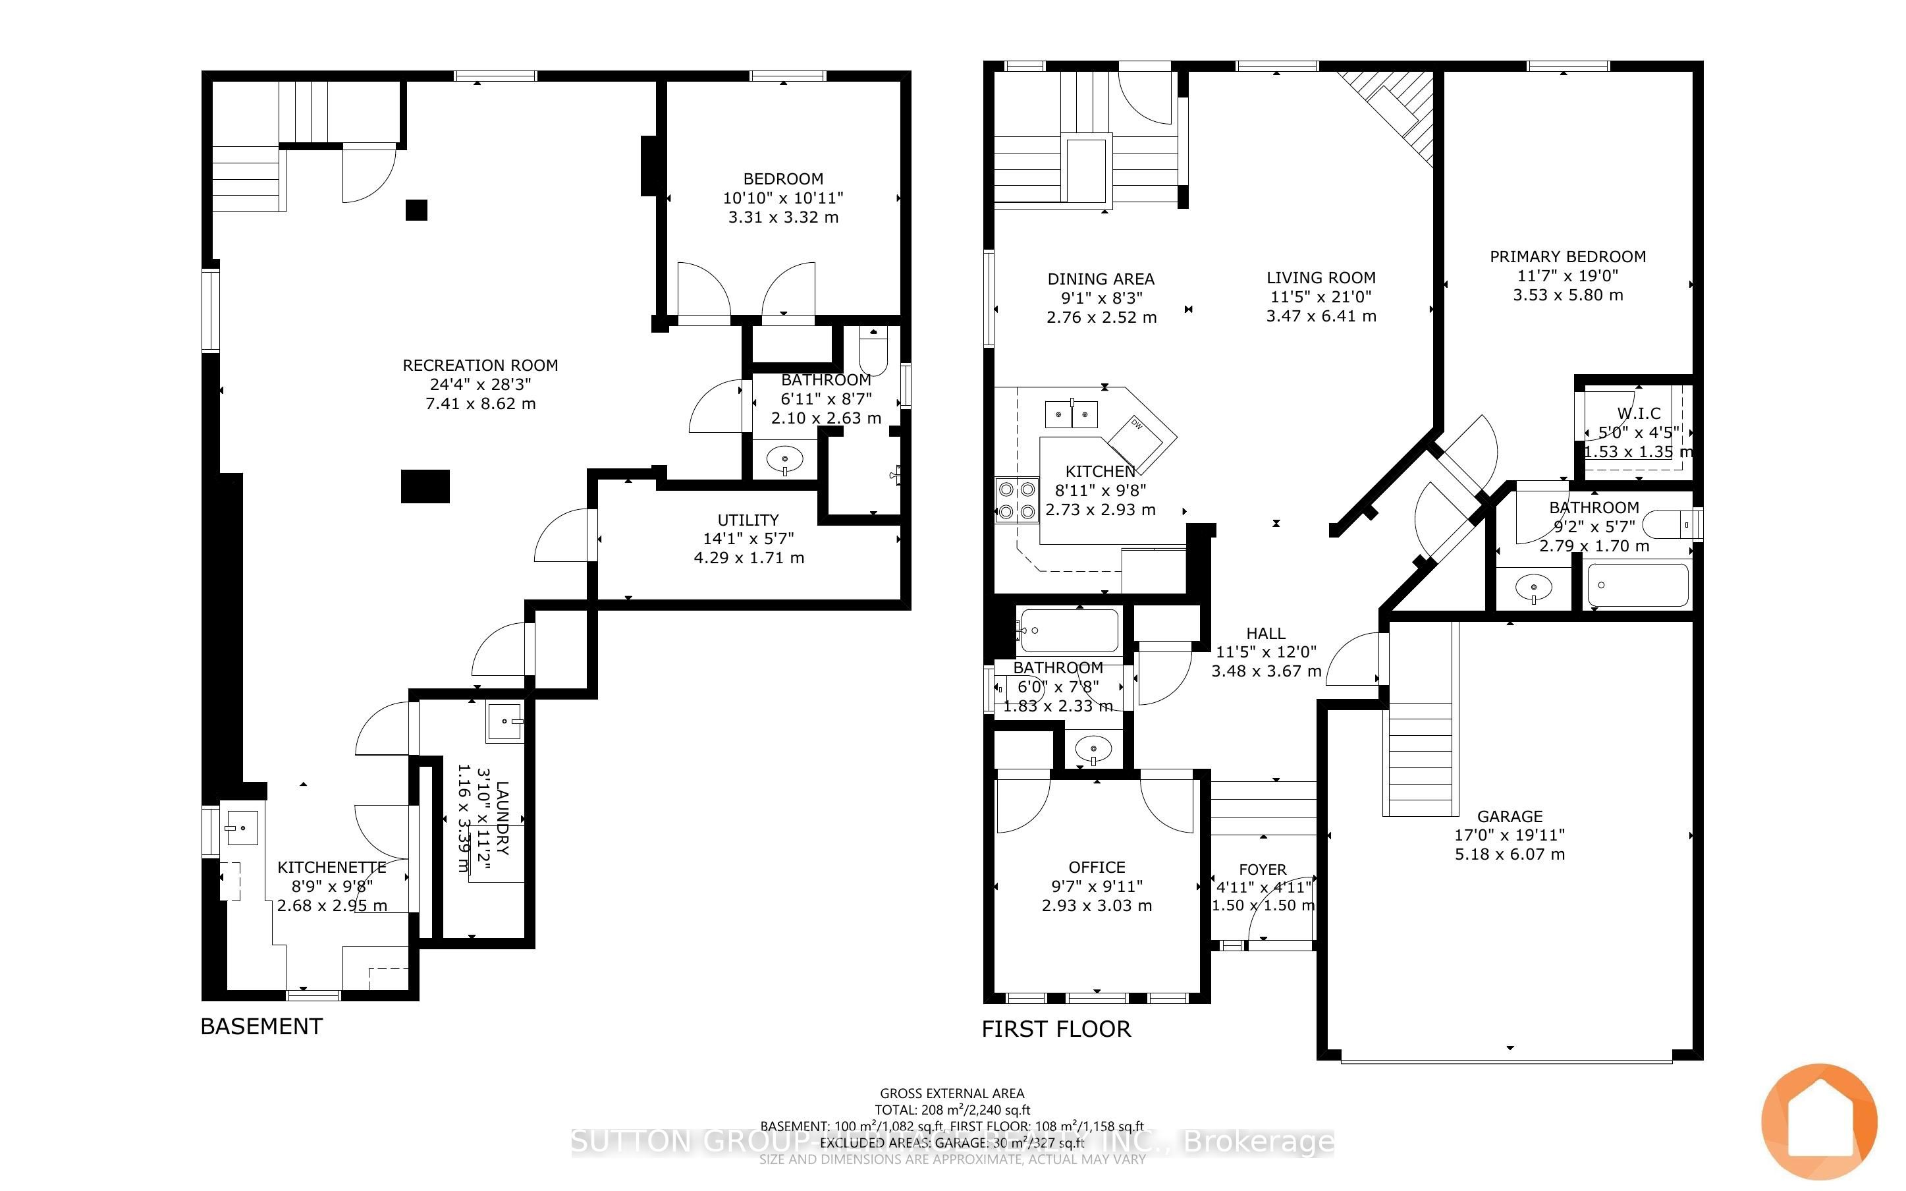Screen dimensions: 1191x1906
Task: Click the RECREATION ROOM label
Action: (480, 366)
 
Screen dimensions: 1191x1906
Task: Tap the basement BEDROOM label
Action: (783, 179)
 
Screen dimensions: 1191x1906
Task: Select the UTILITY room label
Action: (748, 520)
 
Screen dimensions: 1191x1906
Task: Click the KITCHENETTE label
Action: (331, 868)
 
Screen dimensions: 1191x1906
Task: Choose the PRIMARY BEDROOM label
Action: (1567, 257)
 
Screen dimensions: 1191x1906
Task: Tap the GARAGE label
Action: (1510, 816)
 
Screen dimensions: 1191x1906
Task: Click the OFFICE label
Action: (1097, 868)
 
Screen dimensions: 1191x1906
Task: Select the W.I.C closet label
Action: (1639, 414)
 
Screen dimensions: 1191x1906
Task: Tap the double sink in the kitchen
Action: (1072, 414)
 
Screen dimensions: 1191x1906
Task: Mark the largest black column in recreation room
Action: (425, 486)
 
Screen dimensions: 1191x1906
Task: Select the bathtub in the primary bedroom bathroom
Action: (1637, 585)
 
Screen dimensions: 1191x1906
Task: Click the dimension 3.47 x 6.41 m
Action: (1321, 317)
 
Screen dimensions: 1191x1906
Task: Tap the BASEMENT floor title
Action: (261, 1026)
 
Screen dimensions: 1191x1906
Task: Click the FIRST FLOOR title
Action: (1056, 1029)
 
